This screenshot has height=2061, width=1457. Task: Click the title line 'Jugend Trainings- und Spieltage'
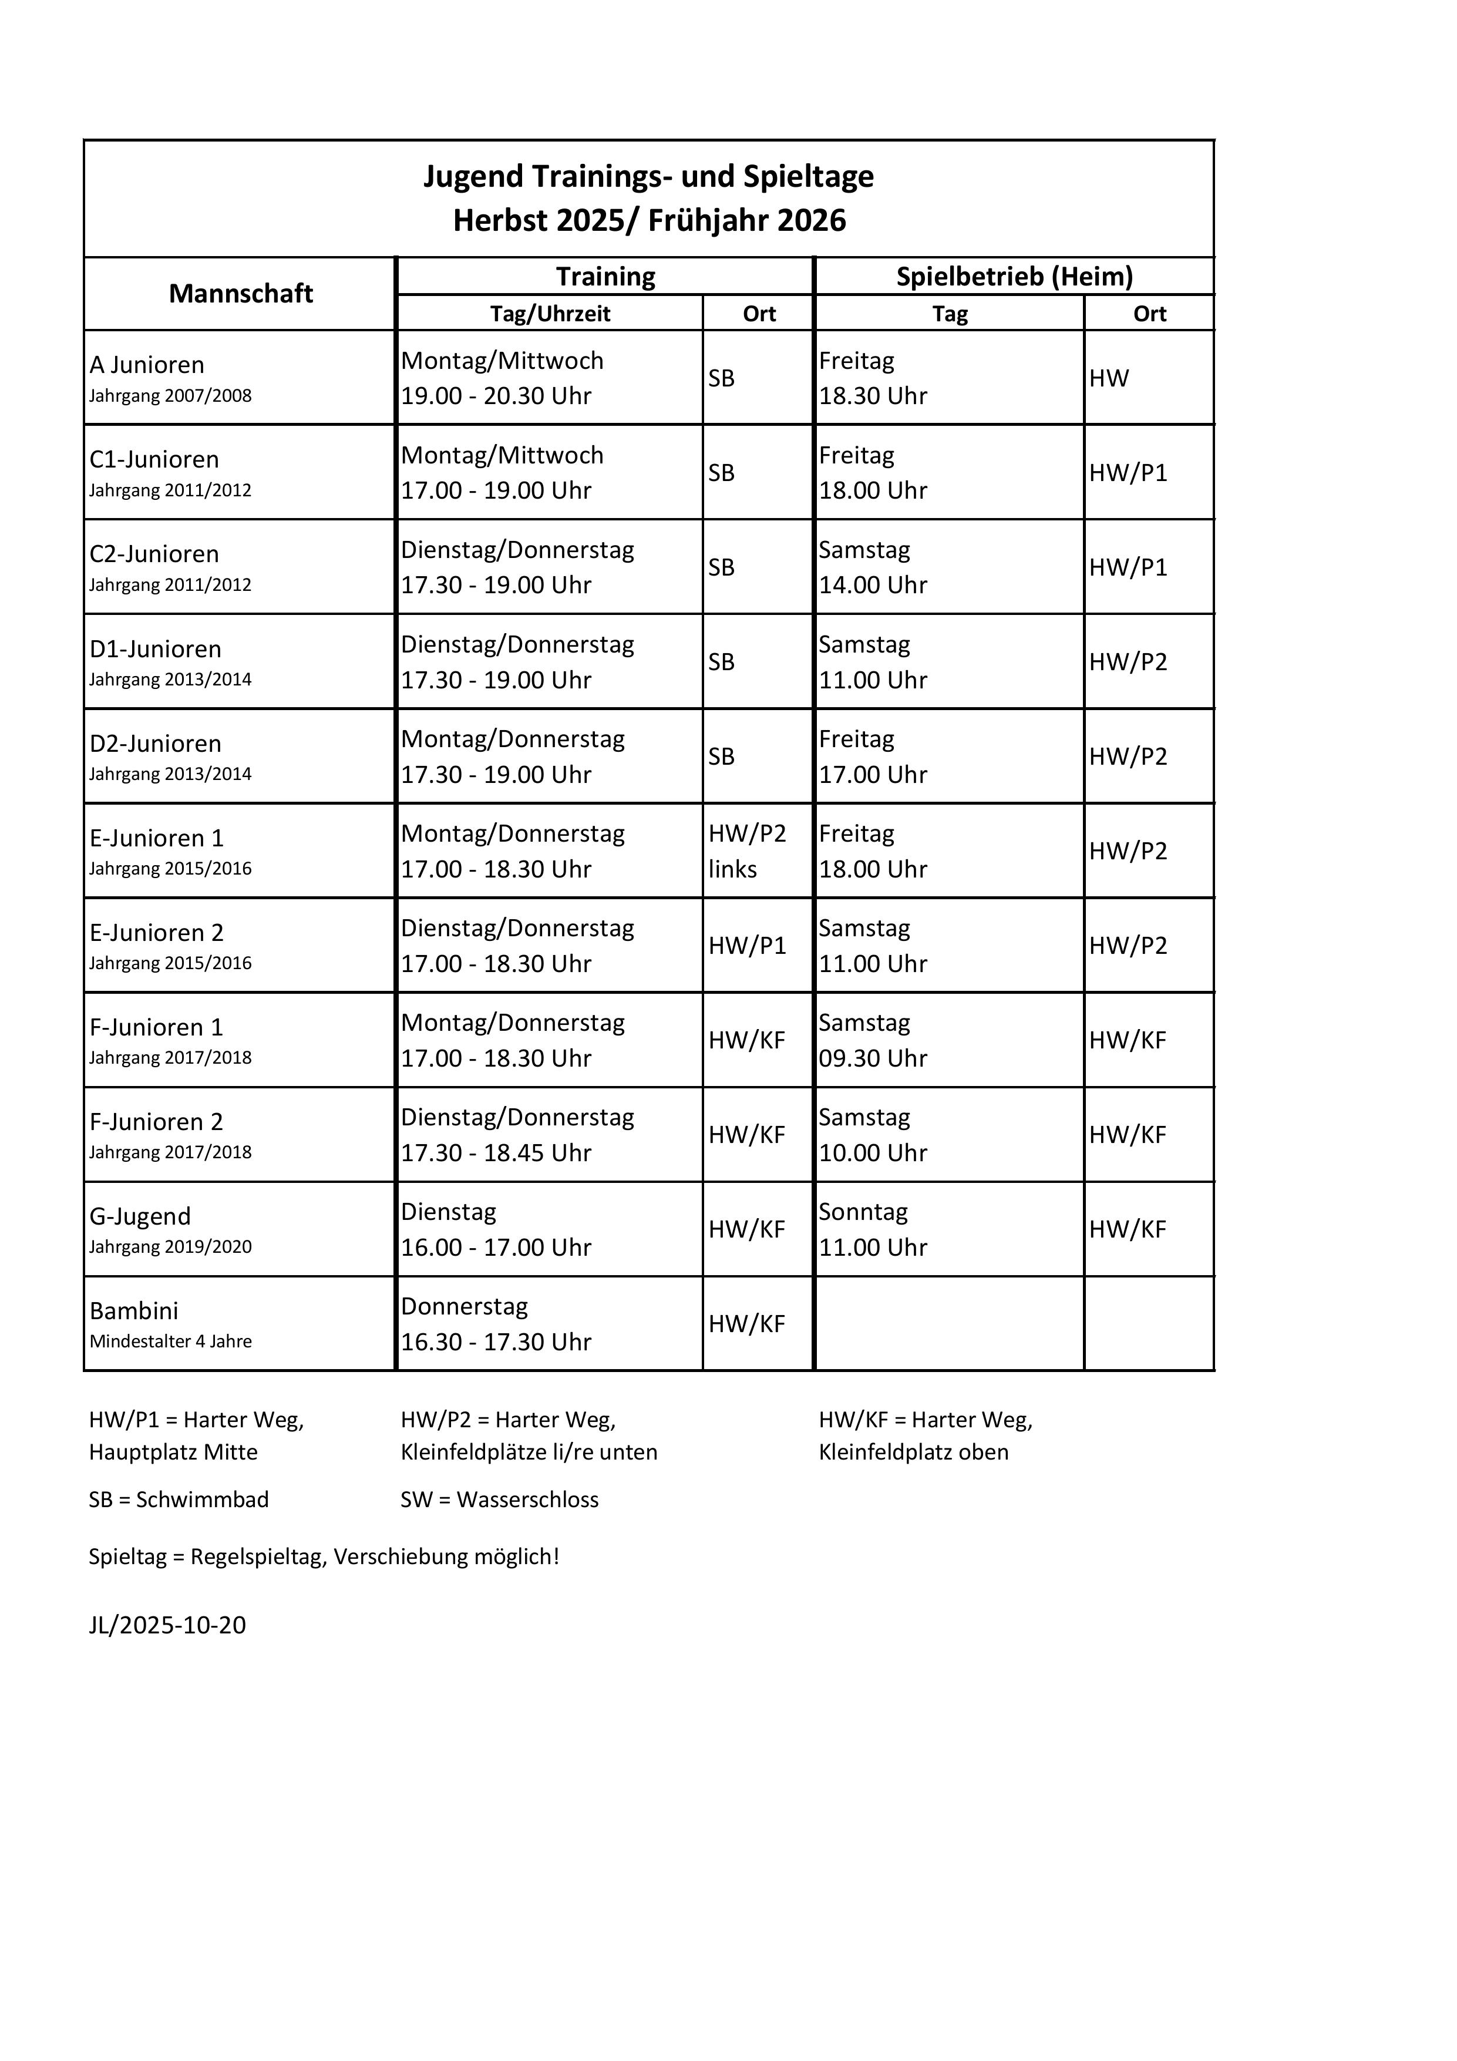coord(648,176)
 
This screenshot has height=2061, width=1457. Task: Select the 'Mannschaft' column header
coord(241,294)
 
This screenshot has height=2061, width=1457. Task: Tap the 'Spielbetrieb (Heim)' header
coord(1014,277)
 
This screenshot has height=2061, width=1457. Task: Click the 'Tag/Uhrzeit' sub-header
coord(550,313)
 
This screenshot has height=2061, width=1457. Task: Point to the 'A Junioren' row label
coord(147,364)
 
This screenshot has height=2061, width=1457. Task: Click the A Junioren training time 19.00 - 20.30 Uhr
coord(496,396)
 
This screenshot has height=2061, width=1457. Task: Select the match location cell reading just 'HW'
coord(1109,378)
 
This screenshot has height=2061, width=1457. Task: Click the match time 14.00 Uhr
coord(873,585)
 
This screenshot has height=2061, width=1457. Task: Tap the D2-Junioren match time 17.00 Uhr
coord(873,775)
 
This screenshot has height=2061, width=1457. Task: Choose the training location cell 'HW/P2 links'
coord(747,851)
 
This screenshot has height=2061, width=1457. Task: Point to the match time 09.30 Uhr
coord(873,1058)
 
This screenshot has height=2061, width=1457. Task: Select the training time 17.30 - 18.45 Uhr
coord(496,1152)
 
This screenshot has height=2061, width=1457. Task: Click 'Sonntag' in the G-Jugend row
coord(863,1212)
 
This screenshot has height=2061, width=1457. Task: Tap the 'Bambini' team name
coord(134,1310)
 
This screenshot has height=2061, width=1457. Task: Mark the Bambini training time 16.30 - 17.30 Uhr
coord(496,1342)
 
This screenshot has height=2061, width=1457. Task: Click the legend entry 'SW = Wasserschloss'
coord(499,1499)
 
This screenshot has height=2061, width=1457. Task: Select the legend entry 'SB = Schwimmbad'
coord(179,1499)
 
